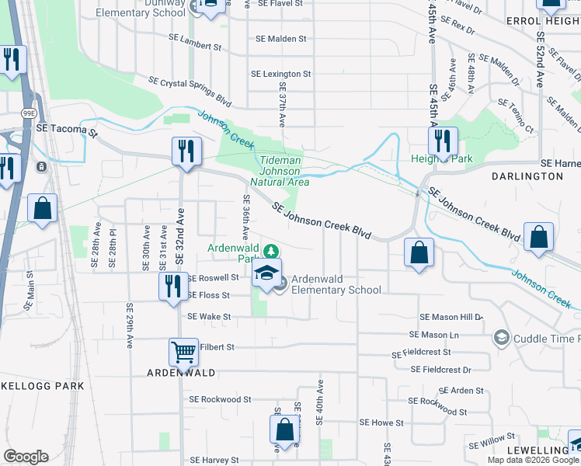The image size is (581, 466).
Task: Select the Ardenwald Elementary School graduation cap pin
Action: tap(266, 273)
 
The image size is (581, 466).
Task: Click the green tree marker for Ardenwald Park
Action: tap(270, 251)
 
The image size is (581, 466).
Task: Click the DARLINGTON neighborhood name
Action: tap(528, 176)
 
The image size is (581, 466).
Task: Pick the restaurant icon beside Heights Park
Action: tap(443, 141)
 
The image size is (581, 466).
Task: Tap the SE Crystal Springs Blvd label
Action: tap(190, 91)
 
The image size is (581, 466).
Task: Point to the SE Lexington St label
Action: tap(280, 74)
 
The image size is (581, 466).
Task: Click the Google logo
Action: tap(26, 457)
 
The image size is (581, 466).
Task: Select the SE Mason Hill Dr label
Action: tap(451, 317)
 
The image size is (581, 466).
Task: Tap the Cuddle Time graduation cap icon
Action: tap(502, 337)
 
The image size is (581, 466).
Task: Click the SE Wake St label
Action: tap(210, 316)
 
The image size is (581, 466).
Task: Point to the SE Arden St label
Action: tap(461, 390)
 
